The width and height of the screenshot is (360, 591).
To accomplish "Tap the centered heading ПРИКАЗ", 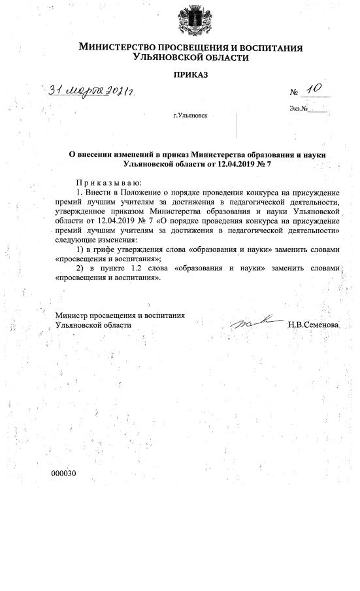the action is coord(191,76).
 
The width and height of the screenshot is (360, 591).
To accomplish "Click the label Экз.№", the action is coord(298,108).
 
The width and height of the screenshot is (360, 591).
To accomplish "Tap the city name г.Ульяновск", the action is coord(190,116).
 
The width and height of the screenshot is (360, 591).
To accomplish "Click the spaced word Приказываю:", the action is coord(108,183).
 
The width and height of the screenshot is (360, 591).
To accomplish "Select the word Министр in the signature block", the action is coord(73,315).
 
